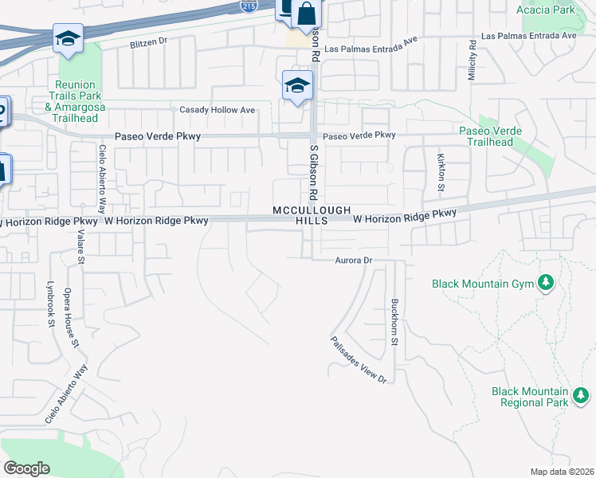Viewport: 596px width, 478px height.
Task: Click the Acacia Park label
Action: click(545, 10)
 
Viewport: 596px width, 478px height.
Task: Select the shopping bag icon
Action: click(306, 14)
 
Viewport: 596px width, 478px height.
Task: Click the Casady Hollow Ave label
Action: click(217, 109)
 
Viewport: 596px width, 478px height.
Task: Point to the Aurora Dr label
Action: click(354, 261)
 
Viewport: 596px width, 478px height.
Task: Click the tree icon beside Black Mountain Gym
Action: click(546, 283)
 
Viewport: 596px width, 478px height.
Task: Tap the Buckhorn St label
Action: click(394, 322)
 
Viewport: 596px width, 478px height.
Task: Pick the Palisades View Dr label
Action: click(359, 360)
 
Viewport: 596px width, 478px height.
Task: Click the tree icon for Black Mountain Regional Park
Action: click(582, 394)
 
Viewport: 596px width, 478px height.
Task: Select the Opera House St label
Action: click(71, 317)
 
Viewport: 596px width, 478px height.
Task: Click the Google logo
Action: click(27, 468)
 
